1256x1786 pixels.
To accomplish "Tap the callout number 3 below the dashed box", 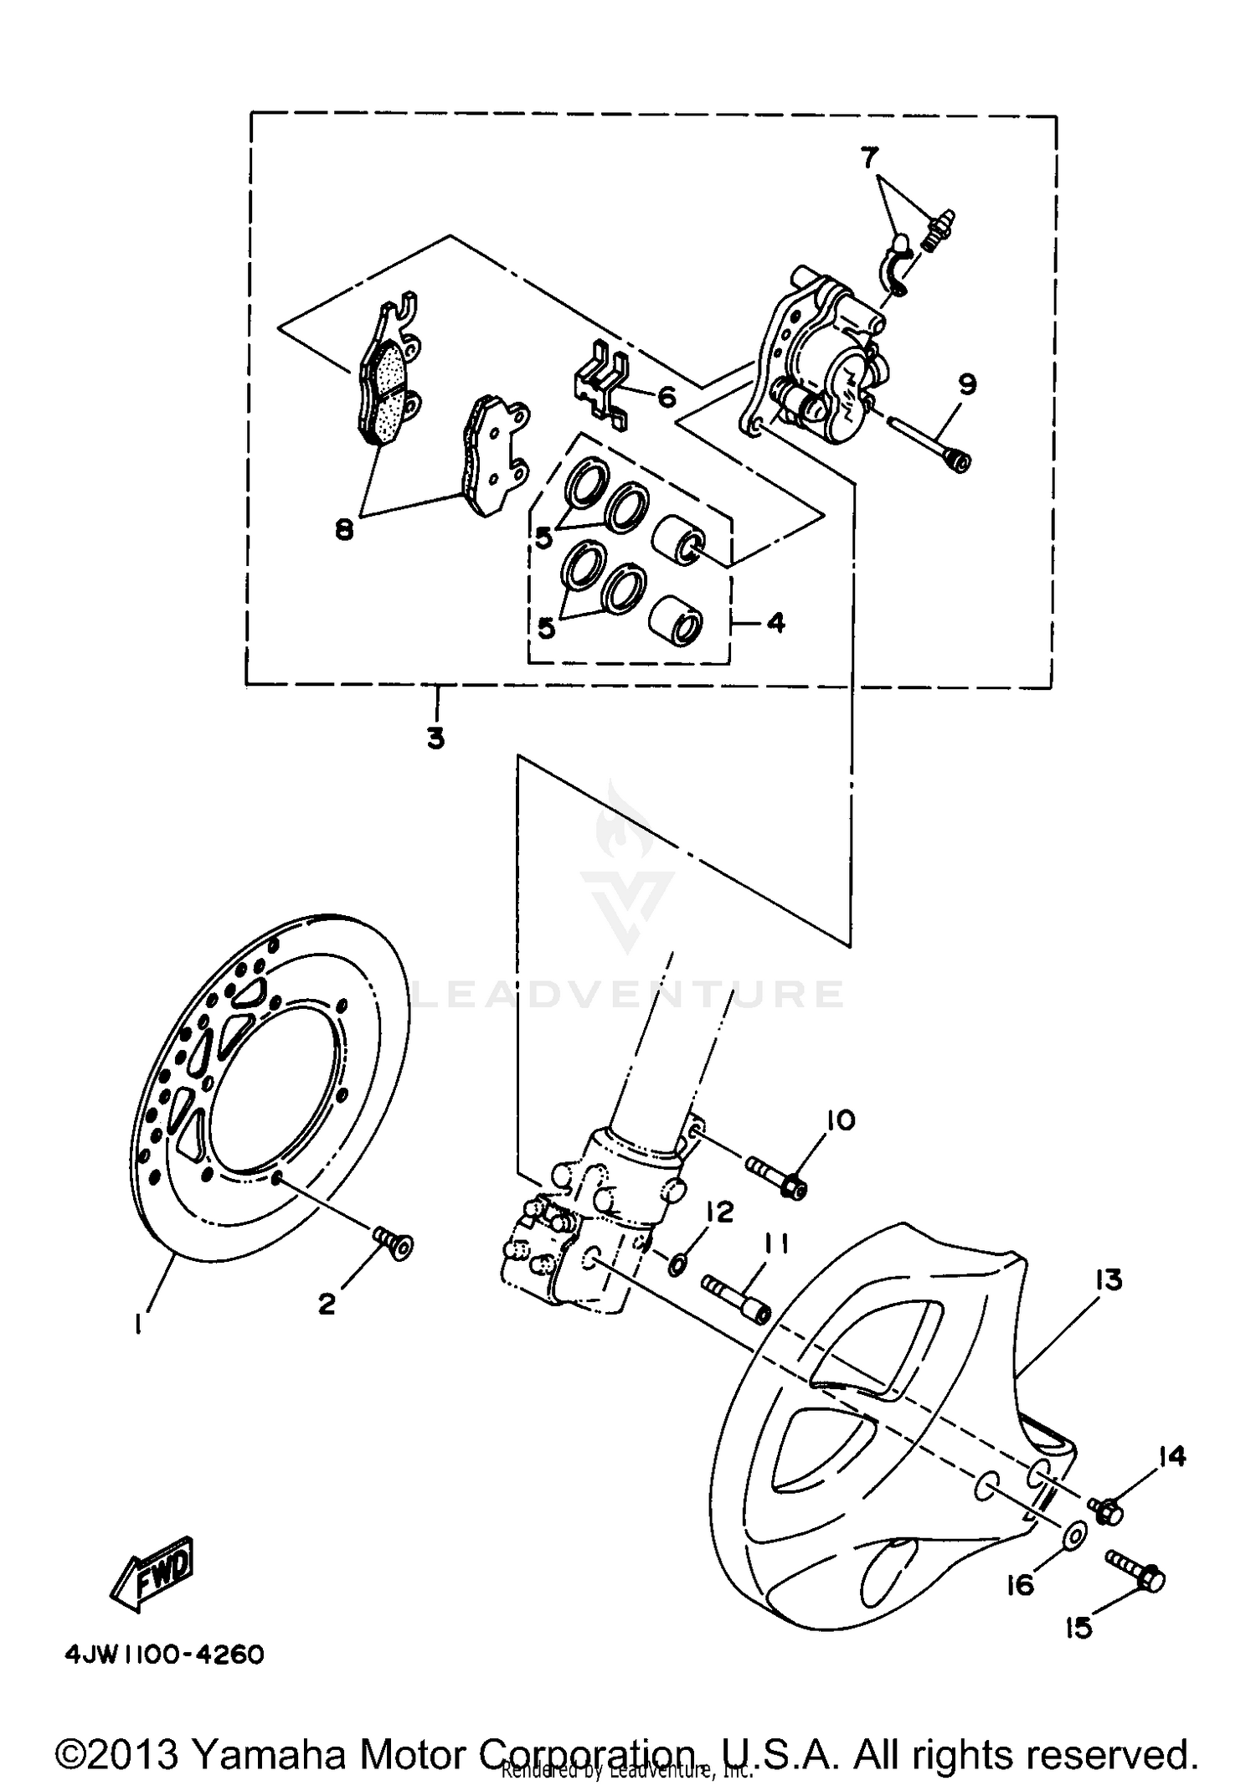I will coord(435,739).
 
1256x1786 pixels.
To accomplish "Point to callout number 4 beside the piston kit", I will coord(775,623).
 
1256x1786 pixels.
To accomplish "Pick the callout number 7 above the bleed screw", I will coord(869,157).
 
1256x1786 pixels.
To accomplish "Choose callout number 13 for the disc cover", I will coord(1108,1280).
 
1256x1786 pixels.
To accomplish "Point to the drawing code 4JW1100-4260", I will coord(165,1655).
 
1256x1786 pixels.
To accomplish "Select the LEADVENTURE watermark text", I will coord(628,994).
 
